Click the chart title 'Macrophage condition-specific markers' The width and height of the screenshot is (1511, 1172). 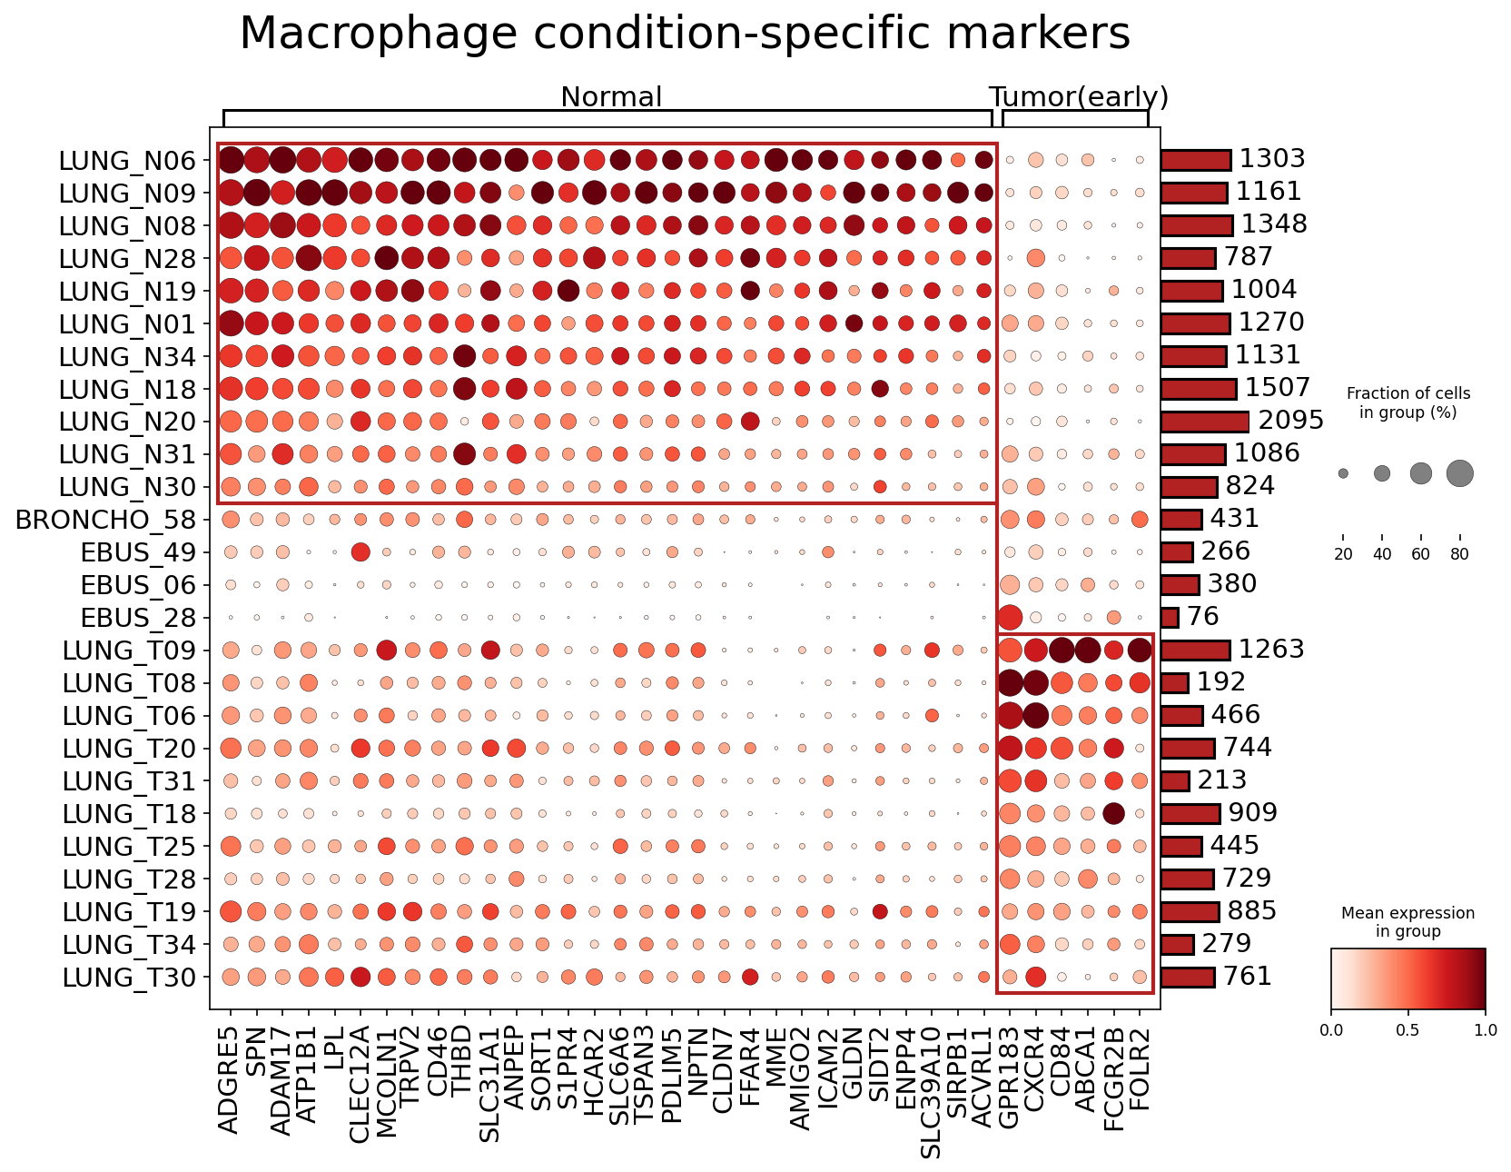point(685,35)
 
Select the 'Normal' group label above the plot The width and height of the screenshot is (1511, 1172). point(611,97)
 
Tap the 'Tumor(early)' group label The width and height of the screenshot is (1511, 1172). point(1078,97)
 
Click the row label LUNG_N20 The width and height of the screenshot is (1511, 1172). point(127,422)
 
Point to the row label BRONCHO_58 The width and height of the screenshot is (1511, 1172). point(106,521)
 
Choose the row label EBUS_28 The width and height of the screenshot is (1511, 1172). point(138,619)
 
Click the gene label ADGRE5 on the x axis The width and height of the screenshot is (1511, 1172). point(230,1079)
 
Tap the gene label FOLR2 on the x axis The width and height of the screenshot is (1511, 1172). point(1139,1072)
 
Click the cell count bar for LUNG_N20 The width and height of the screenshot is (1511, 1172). point(1205,422)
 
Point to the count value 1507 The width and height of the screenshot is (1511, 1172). point(1278,388)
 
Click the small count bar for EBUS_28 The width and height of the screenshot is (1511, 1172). point(1170,618)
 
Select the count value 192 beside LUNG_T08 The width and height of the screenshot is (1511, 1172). point(1221,682)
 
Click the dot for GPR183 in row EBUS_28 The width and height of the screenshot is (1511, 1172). point(1009,618)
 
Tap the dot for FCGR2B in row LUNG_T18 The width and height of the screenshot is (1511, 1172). point(1113,814)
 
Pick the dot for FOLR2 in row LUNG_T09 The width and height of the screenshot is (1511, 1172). point(1140,651)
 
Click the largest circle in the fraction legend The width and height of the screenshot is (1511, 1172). point(1459,473)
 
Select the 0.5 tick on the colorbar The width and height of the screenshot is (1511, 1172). point(1407,1031)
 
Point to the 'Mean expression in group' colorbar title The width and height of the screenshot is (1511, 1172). point(1407,922)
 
